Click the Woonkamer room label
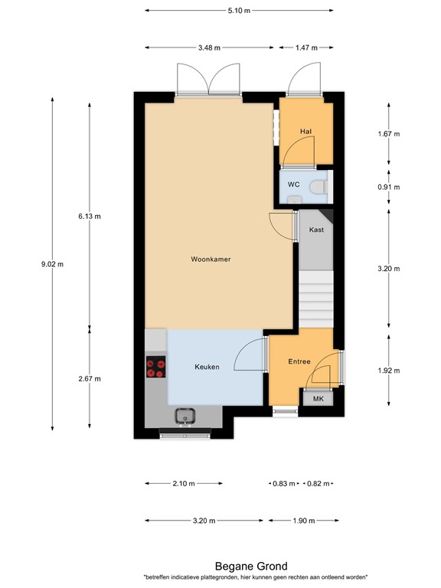[x=211, y=260]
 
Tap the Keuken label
[x=207, y=367]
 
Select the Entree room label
[x=299, y=361]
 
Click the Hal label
[x=305, y=132]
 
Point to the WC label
[x=293, y=185]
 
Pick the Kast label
[x=315, y=230]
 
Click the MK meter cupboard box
[x=316, y=398]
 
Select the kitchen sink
[x=185, y=416]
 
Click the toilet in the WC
[x=320, y=186]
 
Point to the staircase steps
[x=316, y=300]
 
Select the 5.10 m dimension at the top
[x=238, y=11]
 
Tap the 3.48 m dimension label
[x=208, y=47]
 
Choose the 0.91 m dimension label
[x=389, y=187]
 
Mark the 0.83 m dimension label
[x=284, y=484]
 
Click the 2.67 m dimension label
[x=89, y=378]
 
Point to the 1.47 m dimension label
[x=306, y=47]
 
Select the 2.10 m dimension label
[x=184, y=484]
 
